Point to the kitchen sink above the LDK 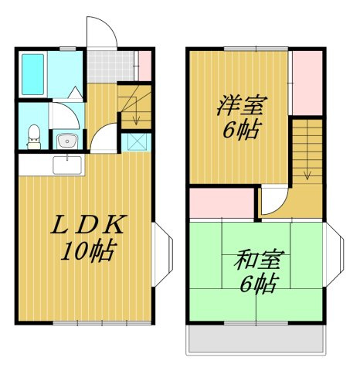tap(66, 165)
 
